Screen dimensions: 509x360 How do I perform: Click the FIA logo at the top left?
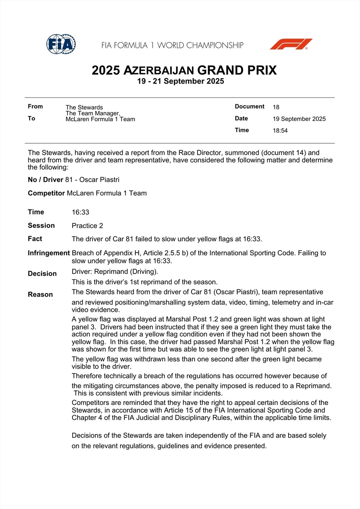click(x=61, y=44)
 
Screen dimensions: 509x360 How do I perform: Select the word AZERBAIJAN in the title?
click(x=159, y=71)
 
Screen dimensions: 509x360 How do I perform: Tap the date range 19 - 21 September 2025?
click(x=180, y=81)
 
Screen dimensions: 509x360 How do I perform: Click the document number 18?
click(x=276, y=107)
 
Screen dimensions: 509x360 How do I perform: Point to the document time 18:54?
click(x=280, y=131)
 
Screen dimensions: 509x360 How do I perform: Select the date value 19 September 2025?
click(x=299, y=119)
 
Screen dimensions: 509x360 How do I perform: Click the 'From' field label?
click(x=35, y=106)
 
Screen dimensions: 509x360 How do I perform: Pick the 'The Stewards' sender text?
click(x=84, y=107)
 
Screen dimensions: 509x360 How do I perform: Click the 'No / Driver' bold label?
click(x=45, y=180)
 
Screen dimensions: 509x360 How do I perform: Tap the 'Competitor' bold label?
click(x=46, y=193)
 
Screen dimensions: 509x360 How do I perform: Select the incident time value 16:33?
click(x=80, y=212)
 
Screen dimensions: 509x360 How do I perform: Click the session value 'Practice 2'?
click(x=87, y=226)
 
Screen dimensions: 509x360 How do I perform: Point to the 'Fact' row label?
click(x=35, y=239)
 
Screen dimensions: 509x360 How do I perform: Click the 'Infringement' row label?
click(x=49, y=253)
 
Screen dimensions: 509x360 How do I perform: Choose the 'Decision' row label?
click(x=42, y=274)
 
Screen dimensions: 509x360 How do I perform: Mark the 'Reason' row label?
click(x=40, y=294)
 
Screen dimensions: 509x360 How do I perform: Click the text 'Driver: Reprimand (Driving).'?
click(x=115, y=271)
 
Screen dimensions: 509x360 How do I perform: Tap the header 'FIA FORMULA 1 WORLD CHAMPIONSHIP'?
click(x=172, y=45)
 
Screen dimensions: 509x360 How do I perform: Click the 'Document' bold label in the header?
click(x=250, y=106)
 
